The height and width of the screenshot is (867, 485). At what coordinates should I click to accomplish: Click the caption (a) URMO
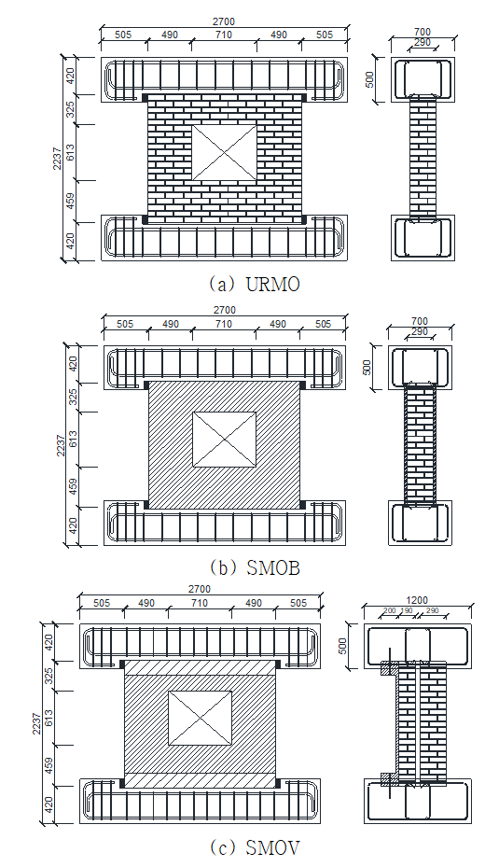click(254, 284)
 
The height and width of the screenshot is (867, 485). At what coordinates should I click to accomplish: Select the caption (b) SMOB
click(255, 567)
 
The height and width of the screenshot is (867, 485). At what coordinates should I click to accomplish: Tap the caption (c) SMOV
click(255, 846)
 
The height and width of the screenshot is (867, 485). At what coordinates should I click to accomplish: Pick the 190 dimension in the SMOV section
click(406, 610)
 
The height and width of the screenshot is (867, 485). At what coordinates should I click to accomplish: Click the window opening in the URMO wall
click(224, 153)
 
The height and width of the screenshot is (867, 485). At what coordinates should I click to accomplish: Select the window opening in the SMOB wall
click(224, 440)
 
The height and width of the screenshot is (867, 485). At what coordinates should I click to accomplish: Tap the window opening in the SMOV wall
click(200, 718)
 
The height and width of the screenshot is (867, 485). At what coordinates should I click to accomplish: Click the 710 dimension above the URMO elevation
click(224, 35)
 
